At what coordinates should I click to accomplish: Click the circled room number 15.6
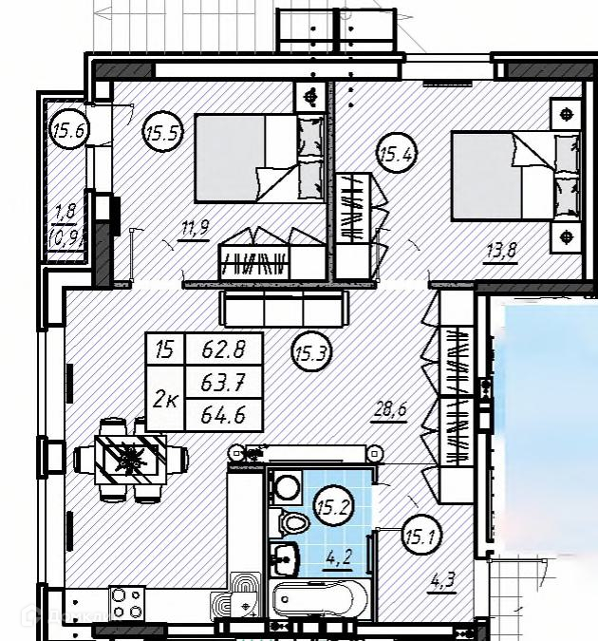tap(68, 131)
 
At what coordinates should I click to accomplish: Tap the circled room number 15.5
tap(162, 132)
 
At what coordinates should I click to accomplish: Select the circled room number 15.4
tap(397, 154)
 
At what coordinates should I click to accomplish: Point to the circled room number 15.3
tap(311, 352)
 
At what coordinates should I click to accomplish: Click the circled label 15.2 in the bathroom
tap(333, 507)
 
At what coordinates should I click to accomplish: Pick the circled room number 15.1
tap(422, 536)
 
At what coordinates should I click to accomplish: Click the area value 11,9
tap(195, 230)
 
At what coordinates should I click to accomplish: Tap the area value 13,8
tap(501, 252)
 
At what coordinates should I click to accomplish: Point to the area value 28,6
tap(390, 410)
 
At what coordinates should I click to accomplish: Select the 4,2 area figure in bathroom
tap(339, 557)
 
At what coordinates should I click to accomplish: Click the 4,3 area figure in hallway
tap(442, 580)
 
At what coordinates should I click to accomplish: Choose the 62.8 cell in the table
tap(224, 349)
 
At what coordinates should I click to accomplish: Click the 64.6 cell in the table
tap(224, 415)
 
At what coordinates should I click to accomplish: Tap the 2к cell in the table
tap(165, 398)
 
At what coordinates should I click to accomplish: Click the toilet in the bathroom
tap(293, 523)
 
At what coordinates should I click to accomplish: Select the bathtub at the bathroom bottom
tap(320, 599)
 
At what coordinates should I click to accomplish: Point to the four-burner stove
tap(126, 603)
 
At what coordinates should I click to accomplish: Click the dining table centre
tap(131, 460)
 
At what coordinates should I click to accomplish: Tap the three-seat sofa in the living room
tap(284, 309)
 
